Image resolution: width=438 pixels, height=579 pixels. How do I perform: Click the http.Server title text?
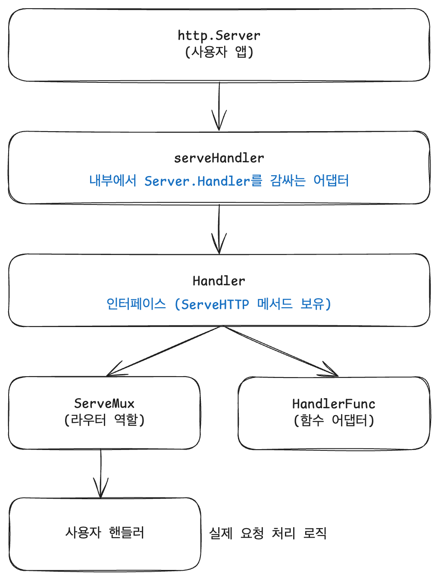pyautogui.click(x=219, y=35)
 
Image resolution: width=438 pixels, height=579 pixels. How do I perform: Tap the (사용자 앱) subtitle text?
pyautogui.click(x=219, y=52)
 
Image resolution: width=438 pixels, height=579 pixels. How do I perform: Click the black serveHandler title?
pyautogui.click(x=219, y=158)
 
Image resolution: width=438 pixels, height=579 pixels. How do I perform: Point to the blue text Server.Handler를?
pyautogui.click(x=203, y=181)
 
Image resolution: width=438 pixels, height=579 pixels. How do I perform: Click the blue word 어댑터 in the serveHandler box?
pyautogui.click(x=331, y=180)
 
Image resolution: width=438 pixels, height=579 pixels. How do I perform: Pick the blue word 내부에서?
pyautogui.click(x=113, y=180)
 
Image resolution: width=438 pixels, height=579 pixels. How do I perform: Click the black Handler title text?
pyautogui.click(x=219, y=281)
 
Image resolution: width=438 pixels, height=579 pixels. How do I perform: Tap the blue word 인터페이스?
pyautogui.click(x=136, y=304)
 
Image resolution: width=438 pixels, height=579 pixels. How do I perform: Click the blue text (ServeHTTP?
pyautogui.click(x=212, y=305)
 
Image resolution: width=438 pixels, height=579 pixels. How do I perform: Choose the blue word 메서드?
pyautogui.click(x=275, y=304)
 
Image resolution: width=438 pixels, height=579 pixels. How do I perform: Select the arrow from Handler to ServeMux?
pyautogui.click(x=164, y=351)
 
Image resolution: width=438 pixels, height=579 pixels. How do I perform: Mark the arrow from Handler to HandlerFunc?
pyautogui.click(x=280, y=351)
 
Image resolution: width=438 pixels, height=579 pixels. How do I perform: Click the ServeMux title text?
pyautogui.click(x=104, y=404)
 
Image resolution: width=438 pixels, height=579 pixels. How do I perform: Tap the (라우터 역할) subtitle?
pyautogui.click(x=104, y=420)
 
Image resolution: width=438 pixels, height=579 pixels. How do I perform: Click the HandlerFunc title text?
pyautogui.click(x=334, y=404)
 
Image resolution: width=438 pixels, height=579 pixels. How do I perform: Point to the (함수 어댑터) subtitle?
pyautogui.click(x=334, y=420)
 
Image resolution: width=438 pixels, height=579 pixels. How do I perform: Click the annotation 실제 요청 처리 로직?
pyautogui.click(x=268, y=534)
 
